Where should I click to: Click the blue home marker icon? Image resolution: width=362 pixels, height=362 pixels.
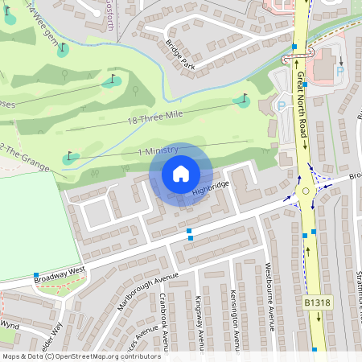coord(181,173)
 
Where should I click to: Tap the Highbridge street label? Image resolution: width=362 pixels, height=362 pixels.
coord(211,188)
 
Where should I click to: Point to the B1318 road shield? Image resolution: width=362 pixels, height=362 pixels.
coord(318,302)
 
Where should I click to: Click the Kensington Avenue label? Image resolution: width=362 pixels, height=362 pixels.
coord(235,320)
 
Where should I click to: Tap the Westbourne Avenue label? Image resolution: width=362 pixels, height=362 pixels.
coord(270,298)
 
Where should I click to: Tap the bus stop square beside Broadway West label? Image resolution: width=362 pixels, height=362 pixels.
coord(36,276)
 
